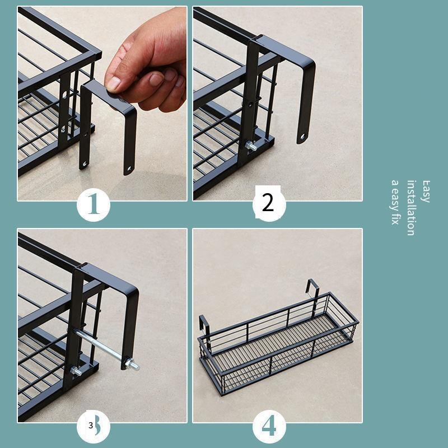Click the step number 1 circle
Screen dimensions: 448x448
(94, 204)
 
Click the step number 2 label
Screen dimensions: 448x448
(268, 203)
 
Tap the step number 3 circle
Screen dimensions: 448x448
(94, 426)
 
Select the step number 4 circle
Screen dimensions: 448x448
(269, 426)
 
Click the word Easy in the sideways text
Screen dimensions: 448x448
(426, 192)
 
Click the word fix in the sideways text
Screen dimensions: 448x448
(395, 218)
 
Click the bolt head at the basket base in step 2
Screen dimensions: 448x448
(250, 146)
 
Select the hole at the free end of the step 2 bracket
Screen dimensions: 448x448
(302, 137)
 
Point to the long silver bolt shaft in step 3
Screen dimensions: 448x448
(100, 345)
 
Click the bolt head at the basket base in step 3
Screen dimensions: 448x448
(76, 371)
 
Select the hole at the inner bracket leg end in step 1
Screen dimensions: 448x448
(85, 164)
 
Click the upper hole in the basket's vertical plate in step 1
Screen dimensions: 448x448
(65, 95)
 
